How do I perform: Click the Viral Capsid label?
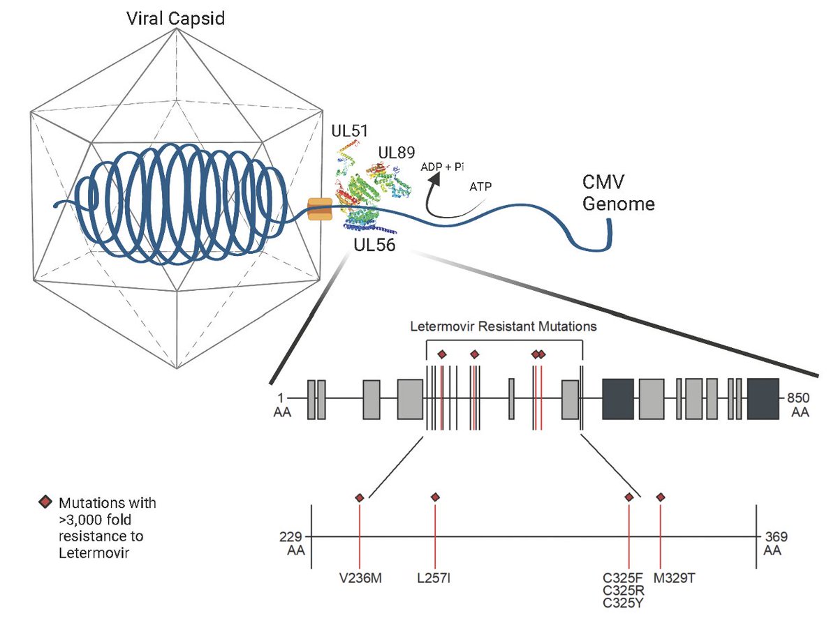click(175, 19)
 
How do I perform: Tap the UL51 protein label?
click(349, 131)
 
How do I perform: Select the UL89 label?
click(397, 153)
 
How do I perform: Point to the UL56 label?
click(374, 245)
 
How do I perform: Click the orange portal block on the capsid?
click(320, 209)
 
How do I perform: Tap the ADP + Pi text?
click(442, 167)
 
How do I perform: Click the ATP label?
click(480, 186)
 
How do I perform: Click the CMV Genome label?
click(618, 193)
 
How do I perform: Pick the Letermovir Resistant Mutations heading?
click(503, 326)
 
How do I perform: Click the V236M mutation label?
click(360, 578)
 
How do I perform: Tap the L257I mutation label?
click(434, 578)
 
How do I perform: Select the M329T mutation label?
click(674, 578)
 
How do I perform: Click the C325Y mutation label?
click(623, 603)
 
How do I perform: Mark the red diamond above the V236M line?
click(360, 497)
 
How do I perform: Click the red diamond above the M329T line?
click(661, 497)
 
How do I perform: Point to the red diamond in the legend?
click(45, 502)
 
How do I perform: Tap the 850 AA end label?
click(798, 405)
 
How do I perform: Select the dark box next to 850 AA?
click(763, 399)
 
